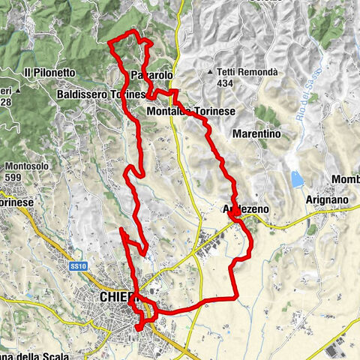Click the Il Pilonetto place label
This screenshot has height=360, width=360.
click(49, 72)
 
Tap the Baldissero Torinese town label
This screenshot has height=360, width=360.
click(100, 95)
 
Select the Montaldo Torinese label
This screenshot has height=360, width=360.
click(192, 111)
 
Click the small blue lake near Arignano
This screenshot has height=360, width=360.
click(298, 179)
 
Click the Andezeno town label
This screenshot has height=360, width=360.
click(245, 209)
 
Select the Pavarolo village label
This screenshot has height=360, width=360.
click(151, 76)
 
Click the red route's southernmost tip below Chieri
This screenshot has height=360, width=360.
click(136, 329)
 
